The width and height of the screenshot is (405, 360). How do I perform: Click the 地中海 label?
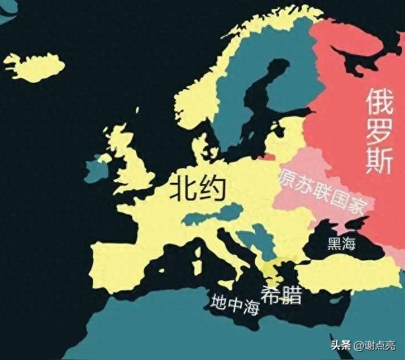235,304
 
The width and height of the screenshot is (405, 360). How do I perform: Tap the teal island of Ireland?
96,170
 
